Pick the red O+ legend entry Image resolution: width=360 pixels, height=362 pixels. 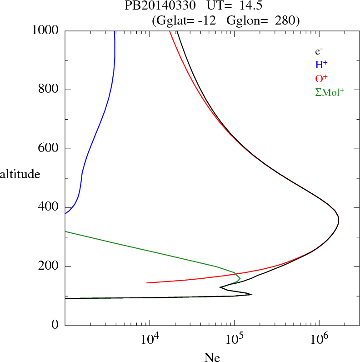(x=320, y=78)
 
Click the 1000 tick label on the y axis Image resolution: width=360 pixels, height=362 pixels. (x=45, y=30)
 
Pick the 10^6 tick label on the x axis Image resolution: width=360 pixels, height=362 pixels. (x=319, y=338)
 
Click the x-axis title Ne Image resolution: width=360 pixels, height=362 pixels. (x=212, y=357)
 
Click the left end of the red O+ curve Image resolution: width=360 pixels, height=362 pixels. (x=147, y=282)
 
